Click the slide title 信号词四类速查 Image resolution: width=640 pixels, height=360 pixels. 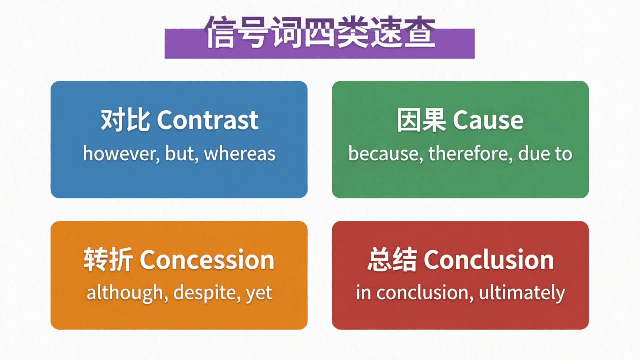point(320,33)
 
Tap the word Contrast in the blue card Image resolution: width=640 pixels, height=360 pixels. point(208,120)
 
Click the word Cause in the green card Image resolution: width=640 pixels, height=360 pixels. point(488,120)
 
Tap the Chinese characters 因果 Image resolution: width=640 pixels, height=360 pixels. point(421,120)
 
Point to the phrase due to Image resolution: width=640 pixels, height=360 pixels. point(545,154)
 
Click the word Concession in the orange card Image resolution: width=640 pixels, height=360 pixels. point(207,260)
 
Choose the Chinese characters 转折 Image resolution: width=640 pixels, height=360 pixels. point(108,260)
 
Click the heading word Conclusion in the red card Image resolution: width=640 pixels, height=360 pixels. point(489,260)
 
